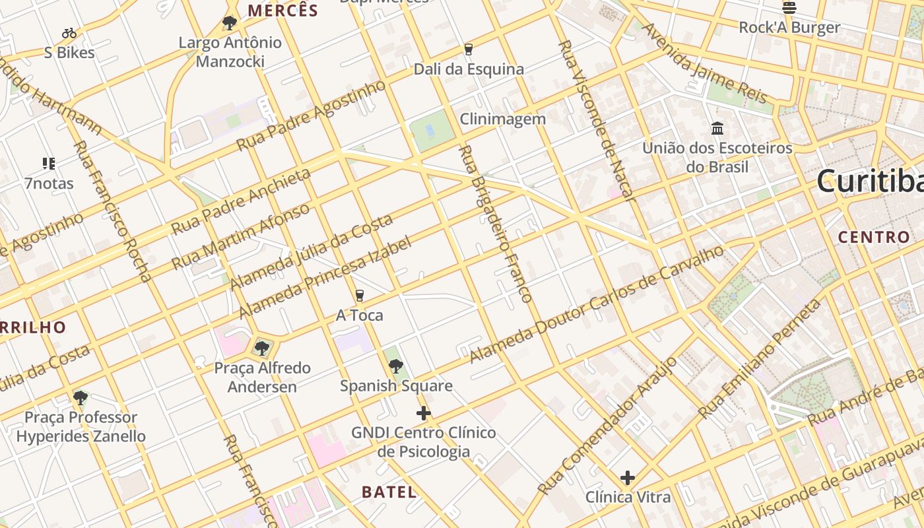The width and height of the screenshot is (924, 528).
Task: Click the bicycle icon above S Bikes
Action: [x=69, y=32]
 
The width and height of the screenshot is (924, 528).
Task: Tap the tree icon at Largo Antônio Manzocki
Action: [x=230, y=23]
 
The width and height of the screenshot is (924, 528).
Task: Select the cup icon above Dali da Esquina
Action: [x=469, y=49]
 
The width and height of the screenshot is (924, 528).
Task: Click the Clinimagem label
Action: [x=503, y=119]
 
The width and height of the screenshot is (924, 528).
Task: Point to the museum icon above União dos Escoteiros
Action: [x=717, y=128]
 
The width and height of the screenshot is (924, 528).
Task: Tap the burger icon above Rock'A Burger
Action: [x=789, y=7]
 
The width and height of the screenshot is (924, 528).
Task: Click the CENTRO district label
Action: [x=874, y=237]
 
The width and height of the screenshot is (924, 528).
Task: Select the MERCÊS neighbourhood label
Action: [x=282, y=11]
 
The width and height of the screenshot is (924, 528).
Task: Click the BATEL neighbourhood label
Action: [x=389, y=492]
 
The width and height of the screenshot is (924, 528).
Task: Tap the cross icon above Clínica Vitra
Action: [x=628, y=477]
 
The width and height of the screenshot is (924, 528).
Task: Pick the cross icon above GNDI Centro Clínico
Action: [x=424, y=414]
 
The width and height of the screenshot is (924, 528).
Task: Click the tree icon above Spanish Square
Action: [x=396, y=366]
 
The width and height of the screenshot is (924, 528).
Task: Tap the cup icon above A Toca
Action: [x=360, y=295]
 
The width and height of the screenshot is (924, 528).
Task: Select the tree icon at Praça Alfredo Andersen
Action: [x=262, y=347]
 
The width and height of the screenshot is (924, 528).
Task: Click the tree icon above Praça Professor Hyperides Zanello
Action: [x=81, y=397]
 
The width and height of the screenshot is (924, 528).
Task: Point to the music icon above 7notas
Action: [x=49, y=163]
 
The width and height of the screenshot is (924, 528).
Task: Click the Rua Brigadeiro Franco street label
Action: [x=495, y=224]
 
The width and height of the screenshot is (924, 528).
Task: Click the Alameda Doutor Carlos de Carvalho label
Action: [x=597, y=304]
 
